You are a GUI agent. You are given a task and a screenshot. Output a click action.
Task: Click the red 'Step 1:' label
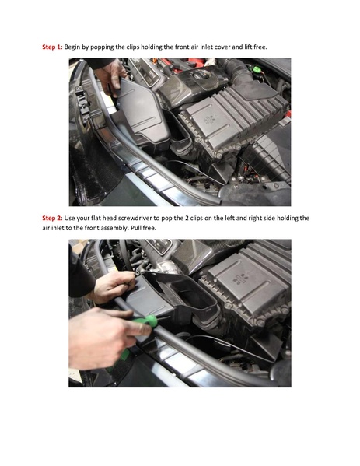[51, 47]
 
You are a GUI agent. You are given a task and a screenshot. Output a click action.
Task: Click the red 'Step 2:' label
[51, 219]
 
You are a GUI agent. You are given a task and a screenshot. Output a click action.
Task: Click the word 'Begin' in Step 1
[75, 47]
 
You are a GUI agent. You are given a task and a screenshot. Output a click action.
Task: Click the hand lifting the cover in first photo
[113, 74]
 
